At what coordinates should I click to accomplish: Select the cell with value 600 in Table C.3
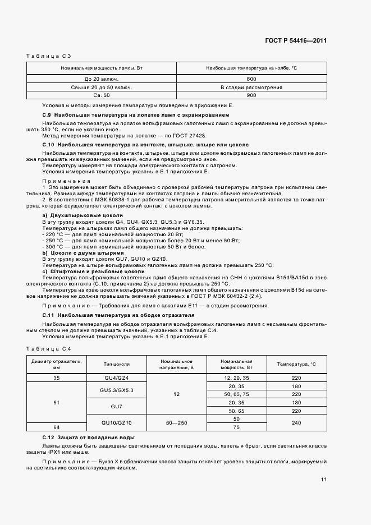coord(251,79)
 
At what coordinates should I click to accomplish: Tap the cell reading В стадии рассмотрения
coord(251,87)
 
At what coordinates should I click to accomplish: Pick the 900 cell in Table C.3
coord(251,95)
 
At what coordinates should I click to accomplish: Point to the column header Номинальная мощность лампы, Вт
coord(102,68)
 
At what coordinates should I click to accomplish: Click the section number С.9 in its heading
coord(47,115)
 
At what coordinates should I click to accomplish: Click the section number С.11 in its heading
coord(48,316)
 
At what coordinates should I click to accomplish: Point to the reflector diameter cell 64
coord(56,427)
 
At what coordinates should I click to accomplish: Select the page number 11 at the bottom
coord(324,480)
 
